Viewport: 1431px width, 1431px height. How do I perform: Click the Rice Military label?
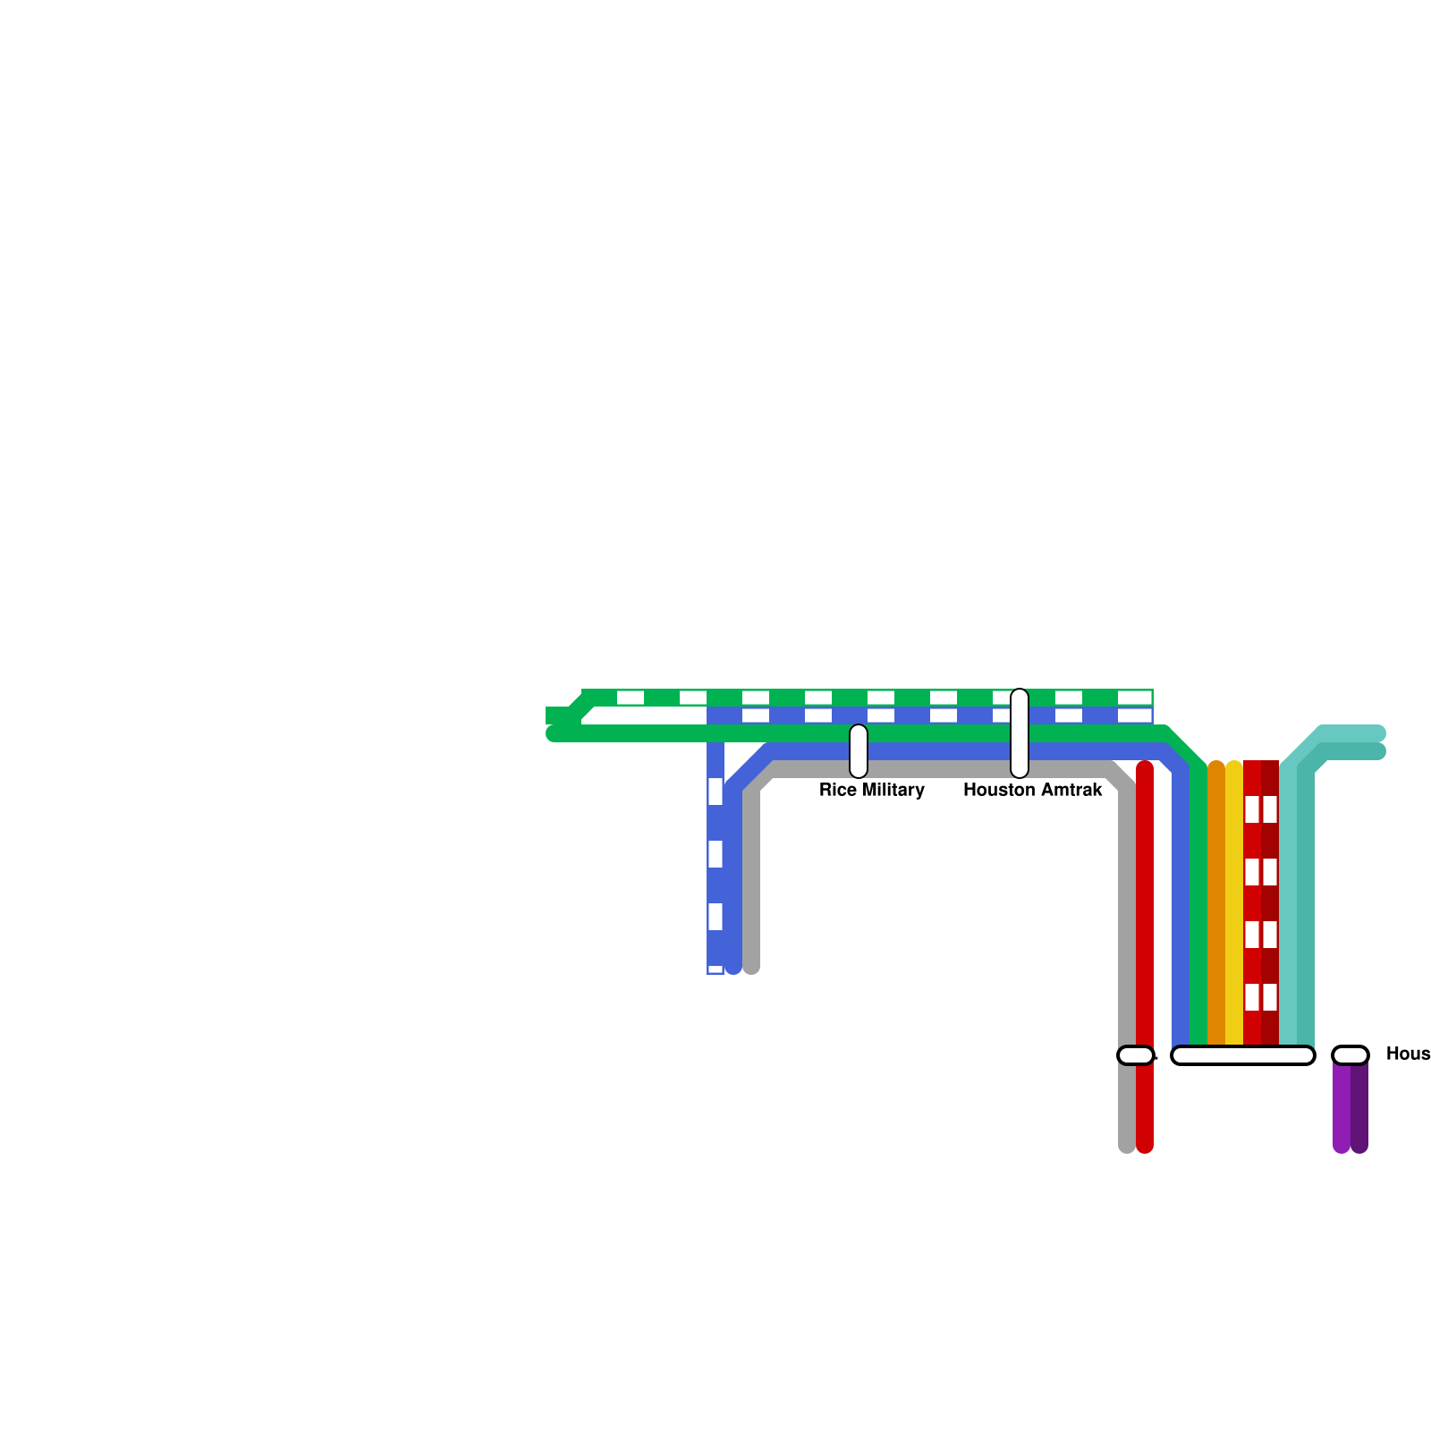[871, 790]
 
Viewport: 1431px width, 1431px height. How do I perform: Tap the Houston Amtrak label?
[1032, 790]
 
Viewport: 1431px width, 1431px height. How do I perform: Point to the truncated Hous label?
[1408, 1054]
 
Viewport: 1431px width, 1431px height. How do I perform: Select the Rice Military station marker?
[859, 751]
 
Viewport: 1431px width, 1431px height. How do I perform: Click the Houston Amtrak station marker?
[1020, 733]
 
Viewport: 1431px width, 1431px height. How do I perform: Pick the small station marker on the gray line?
[1135, 1055]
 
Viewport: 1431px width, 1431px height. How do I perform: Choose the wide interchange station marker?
[1243, 1055]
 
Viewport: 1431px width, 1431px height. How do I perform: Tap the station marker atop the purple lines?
[1351, 1055]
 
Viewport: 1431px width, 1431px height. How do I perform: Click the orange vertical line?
[1216, 903]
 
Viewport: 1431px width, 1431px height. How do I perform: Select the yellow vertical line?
[1234, 903]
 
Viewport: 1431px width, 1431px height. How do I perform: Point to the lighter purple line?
[1341, 1109]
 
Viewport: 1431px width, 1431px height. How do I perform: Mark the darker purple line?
[1360, 1109]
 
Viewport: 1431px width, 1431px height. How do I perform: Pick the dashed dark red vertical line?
[1270, 903]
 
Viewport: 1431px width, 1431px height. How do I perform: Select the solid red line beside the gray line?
[1145, 903]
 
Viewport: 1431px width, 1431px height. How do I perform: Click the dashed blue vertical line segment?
[715, 885]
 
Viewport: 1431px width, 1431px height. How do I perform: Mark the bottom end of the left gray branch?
[751, 966]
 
